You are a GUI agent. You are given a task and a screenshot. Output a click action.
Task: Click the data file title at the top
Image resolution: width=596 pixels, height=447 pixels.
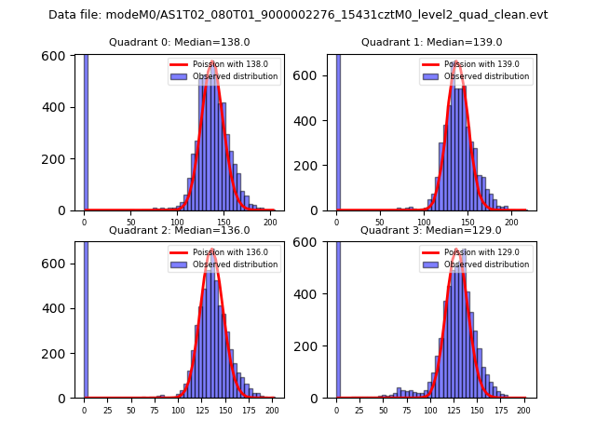point(298,15)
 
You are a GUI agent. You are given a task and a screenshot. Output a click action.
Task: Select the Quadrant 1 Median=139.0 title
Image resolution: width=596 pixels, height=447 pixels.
point(431,42)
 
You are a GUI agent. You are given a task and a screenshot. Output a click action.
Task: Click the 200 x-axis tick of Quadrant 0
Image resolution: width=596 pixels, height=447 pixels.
point(270,223)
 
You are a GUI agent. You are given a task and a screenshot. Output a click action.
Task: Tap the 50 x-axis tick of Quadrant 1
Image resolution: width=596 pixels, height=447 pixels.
point(380,223)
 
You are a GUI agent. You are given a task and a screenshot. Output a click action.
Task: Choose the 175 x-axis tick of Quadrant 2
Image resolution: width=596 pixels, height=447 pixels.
point(248,410)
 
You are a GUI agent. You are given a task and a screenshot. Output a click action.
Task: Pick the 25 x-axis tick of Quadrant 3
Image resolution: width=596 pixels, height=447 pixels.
point(359,410)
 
